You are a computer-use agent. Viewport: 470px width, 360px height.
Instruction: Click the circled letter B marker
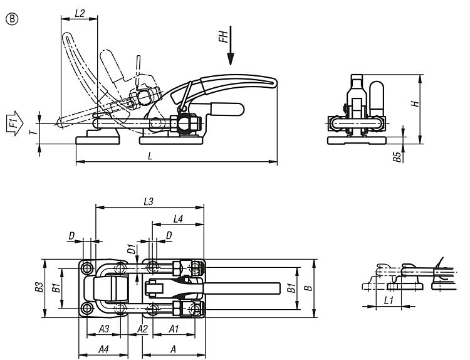(13, 19)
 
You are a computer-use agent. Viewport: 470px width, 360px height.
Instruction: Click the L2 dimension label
(80, 14)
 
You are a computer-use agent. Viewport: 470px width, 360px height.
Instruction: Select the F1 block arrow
(14, 123)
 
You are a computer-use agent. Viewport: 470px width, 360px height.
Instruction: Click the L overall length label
(150, 156)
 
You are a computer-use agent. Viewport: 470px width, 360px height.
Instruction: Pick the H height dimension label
(415, 104)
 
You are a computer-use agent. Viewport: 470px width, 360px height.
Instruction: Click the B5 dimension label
(397, 157)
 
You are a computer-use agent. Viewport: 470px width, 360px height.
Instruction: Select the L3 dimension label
(149, 201)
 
